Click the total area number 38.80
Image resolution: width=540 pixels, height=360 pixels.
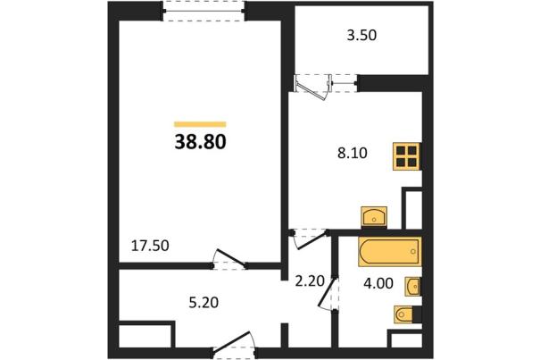coord(200,142)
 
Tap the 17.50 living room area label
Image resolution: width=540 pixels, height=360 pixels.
coord(150,246)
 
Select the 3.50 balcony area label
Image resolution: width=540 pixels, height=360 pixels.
coord(361,36)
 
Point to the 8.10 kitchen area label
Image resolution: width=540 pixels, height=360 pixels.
coord(353,153)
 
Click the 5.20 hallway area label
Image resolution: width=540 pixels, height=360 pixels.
coord(204,303)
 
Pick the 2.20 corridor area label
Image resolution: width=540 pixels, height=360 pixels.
coord(310,281)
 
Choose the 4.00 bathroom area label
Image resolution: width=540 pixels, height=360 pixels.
coord(378,283)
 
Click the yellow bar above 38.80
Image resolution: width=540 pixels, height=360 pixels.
coord(200,124)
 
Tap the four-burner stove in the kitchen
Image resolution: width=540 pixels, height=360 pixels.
coord(407,156)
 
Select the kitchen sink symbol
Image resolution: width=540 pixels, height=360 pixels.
coord(374,217)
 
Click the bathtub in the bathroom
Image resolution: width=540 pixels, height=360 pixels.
coord(390,252)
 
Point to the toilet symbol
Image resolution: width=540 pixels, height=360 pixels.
coord(403,314)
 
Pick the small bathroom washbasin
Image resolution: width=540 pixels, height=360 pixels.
coord(412,286)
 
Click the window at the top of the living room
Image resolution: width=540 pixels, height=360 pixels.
coord(204,11)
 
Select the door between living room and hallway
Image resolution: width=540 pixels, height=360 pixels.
coord(229,259)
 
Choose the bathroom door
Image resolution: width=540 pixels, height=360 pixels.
coord(328,293)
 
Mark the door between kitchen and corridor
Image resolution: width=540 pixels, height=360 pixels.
coord(310,239)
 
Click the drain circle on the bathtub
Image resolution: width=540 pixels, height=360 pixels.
coord(413,252)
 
